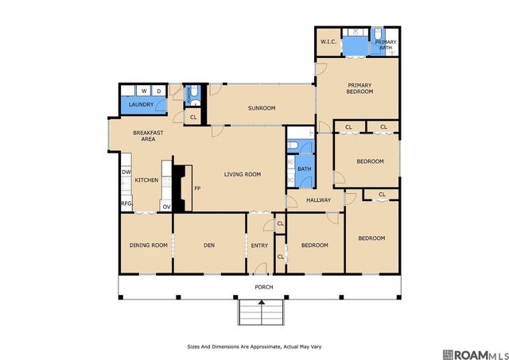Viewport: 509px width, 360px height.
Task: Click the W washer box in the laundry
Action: tap(144, 91)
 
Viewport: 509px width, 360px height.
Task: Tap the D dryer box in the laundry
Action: tap(159, 91)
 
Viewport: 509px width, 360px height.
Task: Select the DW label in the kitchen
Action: tap(126, 172)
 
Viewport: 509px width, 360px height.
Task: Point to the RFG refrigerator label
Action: tap(126, 203)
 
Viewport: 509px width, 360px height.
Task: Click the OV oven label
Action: tap(166, 207)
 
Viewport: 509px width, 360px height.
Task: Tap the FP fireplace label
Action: tap(197, 188)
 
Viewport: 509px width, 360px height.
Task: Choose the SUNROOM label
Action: tap(262, 108)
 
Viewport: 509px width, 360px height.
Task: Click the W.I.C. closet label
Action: tap(328, 42)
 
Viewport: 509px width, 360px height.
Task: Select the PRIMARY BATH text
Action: tap(386, 45)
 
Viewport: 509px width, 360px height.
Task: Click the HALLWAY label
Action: tap(318, 200)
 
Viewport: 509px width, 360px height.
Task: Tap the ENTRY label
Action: tap(259, 246)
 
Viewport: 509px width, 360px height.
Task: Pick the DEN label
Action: tap(209, 246)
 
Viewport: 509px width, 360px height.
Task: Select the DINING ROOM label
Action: tap(149, 246)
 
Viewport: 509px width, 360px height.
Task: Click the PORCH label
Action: tap(264, 287)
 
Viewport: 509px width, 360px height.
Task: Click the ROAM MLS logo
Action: tap(476, 354)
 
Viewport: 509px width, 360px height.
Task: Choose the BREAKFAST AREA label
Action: tap(148, 136)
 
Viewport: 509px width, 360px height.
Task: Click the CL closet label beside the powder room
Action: tap(193, 117)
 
